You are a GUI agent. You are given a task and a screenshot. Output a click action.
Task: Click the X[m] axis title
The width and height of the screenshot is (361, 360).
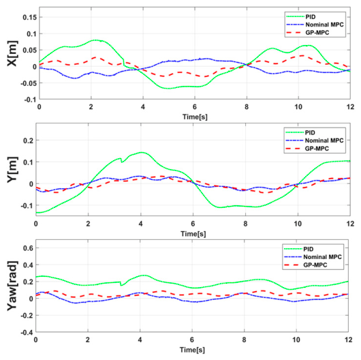click(x=12, y=53)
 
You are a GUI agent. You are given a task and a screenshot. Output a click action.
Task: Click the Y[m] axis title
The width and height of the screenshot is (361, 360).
click(x=12, y=170)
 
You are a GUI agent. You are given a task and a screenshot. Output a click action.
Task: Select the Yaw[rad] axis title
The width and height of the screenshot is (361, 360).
click(x=12, y=286)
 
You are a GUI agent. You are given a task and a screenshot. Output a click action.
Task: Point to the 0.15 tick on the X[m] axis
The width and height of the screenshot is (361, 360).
click(x=29, y=17)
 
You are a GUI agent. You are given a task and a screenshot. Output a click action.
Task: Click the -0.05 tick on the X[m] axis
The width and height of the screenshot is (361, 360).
click(x=29, y=83)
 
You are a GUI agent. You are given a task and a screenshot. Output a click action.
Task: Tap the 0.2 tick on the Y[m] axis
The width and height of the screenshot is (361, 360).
click(x=28, y=140)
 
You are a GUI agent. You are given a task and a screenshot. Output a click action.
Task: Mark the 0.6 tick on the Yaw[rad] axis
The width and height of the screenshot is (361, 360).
click(x=28, y=248)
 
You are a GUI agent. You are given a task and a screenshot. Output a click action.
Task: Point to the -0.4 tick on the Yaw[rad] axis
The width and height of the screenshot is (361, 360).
click(x=27, y=332)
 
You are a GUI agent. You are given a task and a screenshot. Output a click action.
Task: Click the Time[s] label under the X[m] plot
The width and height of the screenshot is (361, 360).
click(x=195, y=117)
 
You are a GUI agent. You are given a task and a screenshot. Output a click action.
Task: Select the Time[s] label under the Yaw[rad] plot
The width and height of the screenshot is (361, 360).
click(x=192, y=350)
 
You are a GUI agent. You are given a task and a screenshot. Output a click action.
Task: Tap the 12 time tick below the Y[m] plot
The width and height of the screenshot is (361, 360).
click(x=350, y=224)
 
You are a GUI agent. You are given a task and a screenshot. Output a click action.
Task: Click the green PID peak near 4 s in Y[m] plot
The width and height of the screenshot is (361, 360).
click(x=141, y=152)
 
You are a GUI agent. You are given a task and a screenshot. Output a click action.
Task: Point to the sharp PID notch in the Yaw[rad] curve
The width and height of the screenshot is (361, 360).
click(x=121, y=285)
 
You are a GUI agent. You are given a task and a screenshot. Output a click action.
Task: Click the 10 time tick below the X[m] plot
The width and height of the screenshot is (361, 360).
click(x=298, y=107)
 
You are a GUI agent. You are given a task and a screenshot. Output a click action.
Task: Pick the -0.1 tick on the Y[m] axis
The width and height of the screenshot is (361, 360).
click(x=27, y=206)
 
